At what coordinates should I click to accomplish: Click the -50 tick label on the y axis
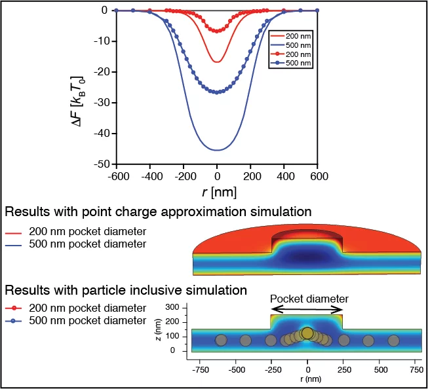pos(100,164)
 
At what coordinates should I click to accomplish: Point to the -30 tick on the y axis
pos(100,103)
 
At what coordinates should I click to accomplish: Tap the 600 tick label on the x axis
pos(318,176)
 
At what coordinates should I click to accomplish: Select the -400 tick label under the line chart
pos(149,176)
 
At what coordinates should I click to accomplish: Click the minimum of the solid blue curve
pos(217,150)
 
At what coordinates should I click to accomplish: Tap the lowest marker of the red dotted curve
pos(217,31)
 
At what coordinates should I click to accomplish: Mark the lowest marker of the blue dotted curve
pos(217,92)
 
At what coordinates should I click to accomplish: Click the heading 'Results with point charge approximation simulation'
pos(157,212)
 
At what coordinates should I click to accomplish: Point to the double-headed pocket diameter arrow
pos(307,310)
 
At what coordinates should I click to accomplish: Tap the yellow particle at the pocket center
pos(307,333)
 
